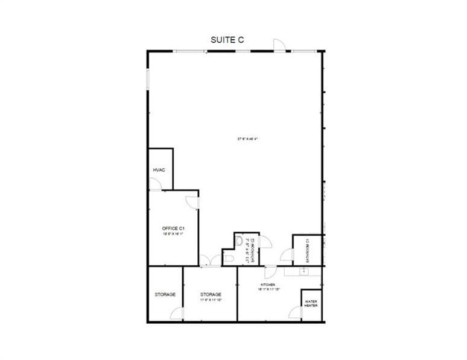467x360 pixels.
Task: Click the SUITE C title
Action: point(227,40)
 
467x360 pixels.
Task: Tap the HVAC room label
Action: point(159,170)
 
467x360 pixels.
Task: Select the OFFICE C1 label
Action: point(173,228)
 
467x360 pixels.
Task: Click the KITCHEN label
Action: point(268,284)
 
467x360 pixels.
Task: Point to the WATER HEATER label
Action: point(311,303)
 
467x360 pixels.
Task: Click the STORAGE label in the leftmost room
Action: point(165,294)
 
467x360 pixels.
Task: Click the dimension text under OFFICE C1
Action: point(173,234)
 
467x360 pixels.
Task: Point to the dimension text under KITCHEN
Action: point(268,289)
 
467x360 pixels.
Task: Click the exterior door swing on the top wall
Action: point(279,45)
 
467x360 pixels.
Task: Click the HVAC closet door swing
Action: point(155,185)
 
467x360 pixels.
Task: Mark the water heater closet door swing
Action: point(295,312)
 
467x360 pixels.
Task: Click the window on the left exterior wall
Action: point(148,81)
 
